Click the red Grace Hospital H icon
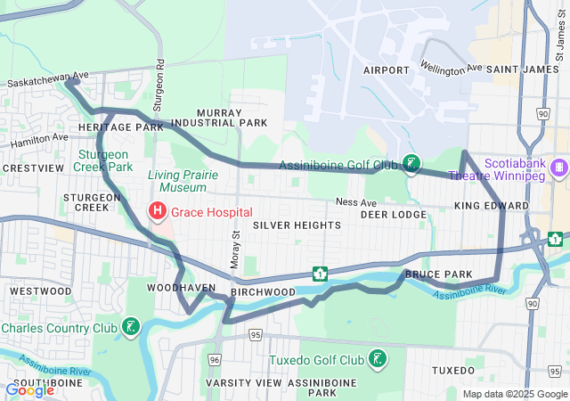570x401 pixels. coord(157,212)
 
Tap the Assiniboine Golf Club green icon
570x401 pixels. coord(411,163)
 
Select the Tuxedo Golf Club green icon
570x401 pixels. coord(379,359)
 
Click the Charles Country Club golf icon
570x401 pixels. coord(132,327)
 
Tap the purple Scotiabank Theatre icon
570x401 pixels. coord(558,167)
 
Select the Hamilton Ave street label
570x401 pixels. coord(39,140)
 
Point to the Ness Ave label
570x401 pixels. coord(355,202)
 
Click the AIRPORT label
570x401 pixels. coord(386,69)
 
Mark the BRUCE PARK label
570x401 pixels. coord(431,275)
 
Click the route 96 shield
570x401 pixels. coord(215,359)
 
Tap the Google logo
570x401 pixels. coord(30,389)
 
